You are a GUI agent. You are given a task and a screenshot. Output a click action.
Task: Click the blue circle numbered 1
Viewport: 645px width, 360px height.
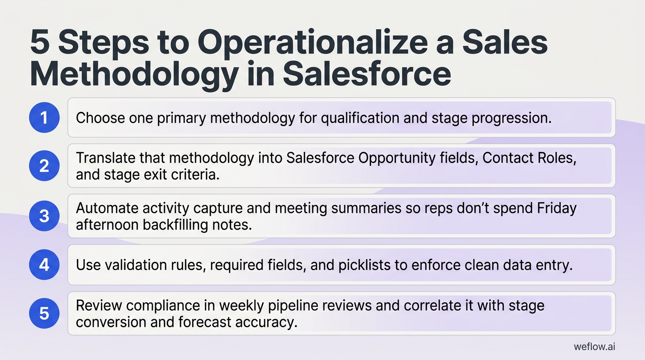(x=44, y=118)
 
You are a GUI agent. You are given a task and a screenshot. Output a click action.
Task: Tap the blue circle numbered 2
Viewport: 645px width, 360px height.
(x=44, y=166)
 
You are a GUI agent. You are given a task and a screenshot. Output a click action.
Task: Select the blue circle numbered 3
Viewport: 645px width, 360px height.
(x=44, y=216)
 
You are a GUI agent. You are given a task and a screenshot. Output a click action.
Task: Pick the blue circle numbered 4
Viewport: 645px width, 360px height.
(x=44, y=265)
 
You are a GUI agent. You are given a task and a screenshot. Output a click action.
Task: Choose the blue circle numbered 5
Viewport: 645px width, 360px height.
(x=44, y=313)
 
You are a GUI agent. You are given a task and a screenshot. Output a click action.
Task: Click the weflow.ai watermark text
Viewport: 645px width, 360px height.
(x=594, y=346)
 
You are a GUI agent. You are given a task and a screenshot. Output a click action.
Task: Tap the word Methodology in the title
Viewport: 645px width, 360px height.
(x=134, y=75)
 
